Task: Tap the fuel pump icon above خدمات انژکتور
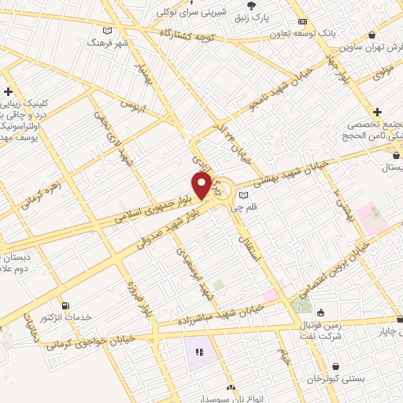point(65,305)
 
